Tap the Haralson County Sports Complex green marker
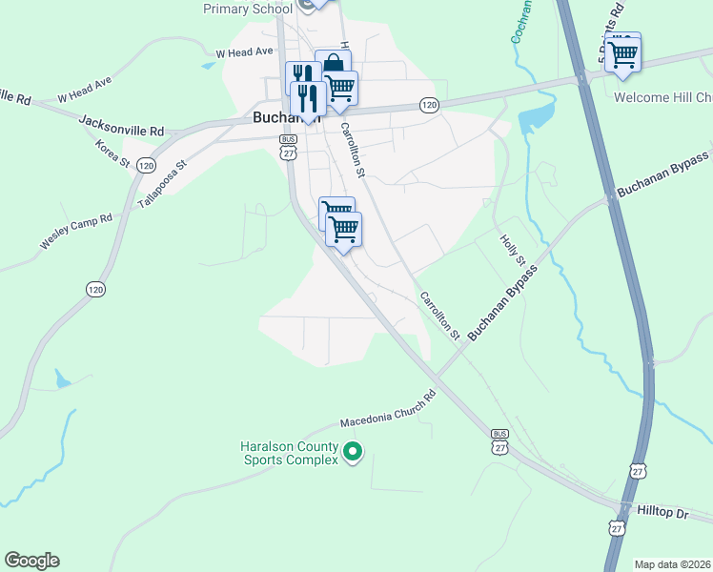tap(353, 452)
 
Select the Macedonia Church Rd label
tap(388, 410)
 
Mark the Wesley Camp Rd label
tap(76, 232)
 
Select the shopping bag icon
tap(333, 64)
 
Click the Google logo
tap(31, 560)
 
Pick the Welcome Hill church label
tap(663, 98)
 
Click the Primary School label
tap(248, 10)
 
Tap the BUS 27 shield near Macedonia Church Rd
tap(500, 440)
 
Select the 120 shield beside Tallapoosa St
tap(146, 165)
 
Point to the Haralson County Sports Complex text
tap(288, 453)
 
